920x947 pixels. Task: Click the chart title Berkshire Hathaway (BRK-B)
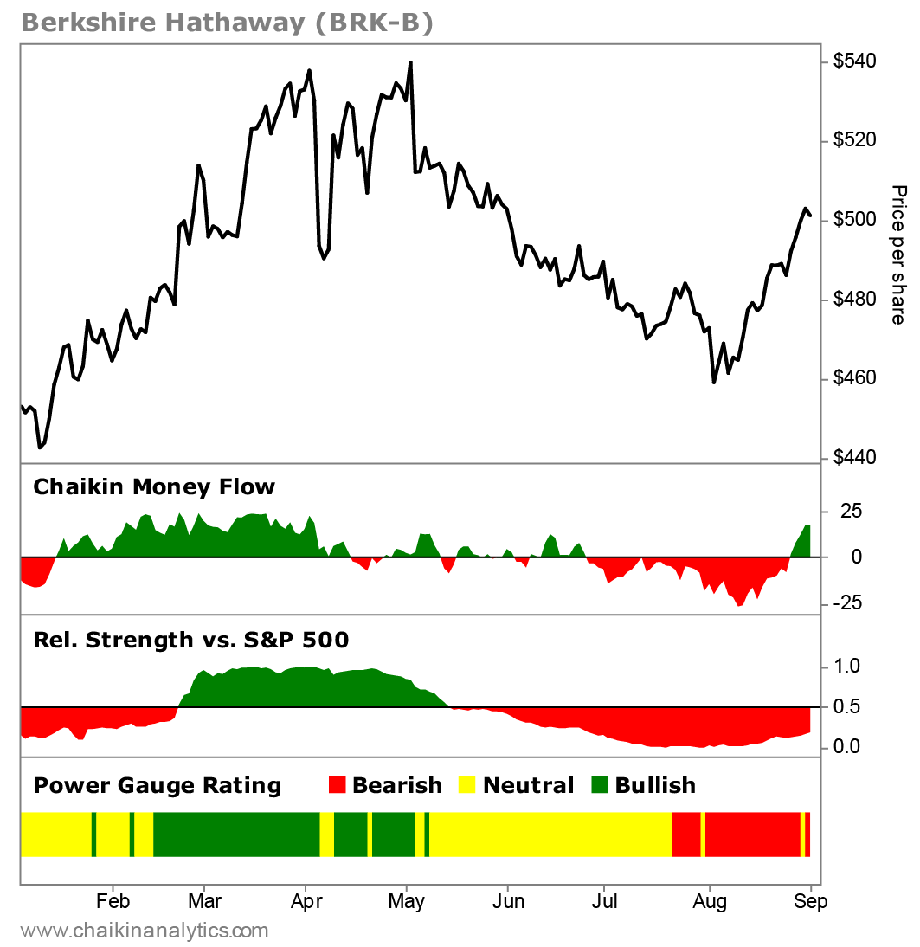[226, 23]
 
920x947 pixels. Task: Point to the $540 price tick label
[854, 61]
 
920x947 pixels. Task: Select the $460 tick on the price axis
[854, 379]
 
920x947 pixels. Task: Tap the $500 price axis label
[854, 220]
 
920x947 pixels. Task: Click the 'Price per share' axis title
[898, 254]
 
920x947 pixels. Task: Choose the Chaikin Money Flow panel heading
[153, 486]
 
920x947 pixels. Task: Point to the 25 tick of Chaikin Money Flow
[852, 511]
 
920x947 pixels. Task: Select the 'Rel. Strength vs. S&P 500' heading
[190, 640]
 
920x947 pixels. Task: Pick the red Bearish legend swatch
[337, 786]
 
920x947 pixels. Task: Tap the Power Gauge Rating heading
[157, 785]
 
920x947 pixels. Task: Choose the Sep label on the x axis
[811, 901]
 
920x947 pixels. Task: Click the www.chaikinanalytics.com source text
[144, 931]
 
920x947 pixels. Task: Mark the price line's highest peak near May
[410, 62]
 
